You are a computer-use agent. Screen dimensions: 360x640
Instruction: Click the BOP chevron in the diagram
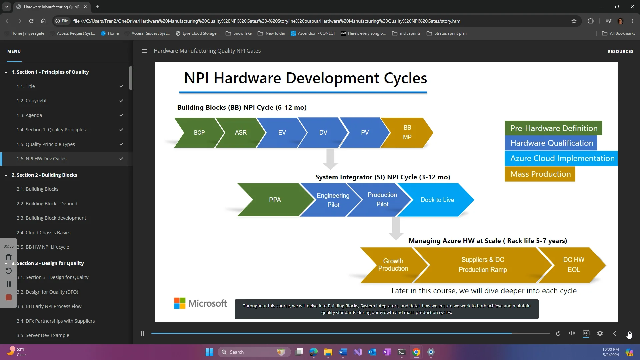199,133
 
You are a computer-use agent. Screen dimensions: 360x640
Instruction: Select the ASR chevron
240,133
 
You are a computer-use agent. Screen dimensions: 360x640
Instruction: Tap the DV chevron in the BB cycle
323,133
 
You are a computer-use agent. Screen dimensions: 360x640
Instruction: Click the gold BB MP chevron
407,133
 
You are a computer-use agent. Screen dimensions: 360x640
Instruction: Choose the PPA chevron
275,200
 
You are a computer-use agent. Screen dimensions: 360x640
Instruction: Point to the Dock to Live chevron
437,200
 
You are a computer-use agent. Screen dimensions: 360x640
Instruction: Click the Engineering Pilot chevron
333,200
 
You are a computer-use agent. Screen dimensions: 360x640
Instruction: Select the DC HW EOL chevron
573,265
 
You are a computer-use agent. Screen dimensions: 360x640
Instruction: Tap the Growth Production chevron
393,265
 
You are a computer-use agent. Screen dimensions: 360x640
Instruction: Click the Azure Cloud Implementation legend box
562,159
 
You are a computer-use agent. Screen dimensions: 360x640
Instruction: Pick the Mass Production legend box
540,174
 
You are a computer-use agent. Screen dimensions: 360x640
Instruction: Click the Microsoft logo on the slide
200,303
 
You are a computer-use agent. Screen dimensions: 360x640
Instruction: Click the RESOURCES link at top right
620,52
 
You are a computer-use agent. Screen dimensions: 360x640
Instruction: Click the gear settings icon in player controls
600,333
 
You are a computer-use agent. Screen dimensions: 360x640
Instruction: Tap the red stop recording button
9,298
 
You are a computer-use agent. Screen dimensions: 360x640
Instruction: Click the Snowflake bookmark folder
239,33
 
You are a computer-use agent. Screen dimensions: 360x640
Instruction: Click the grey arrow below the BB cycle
330,159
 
